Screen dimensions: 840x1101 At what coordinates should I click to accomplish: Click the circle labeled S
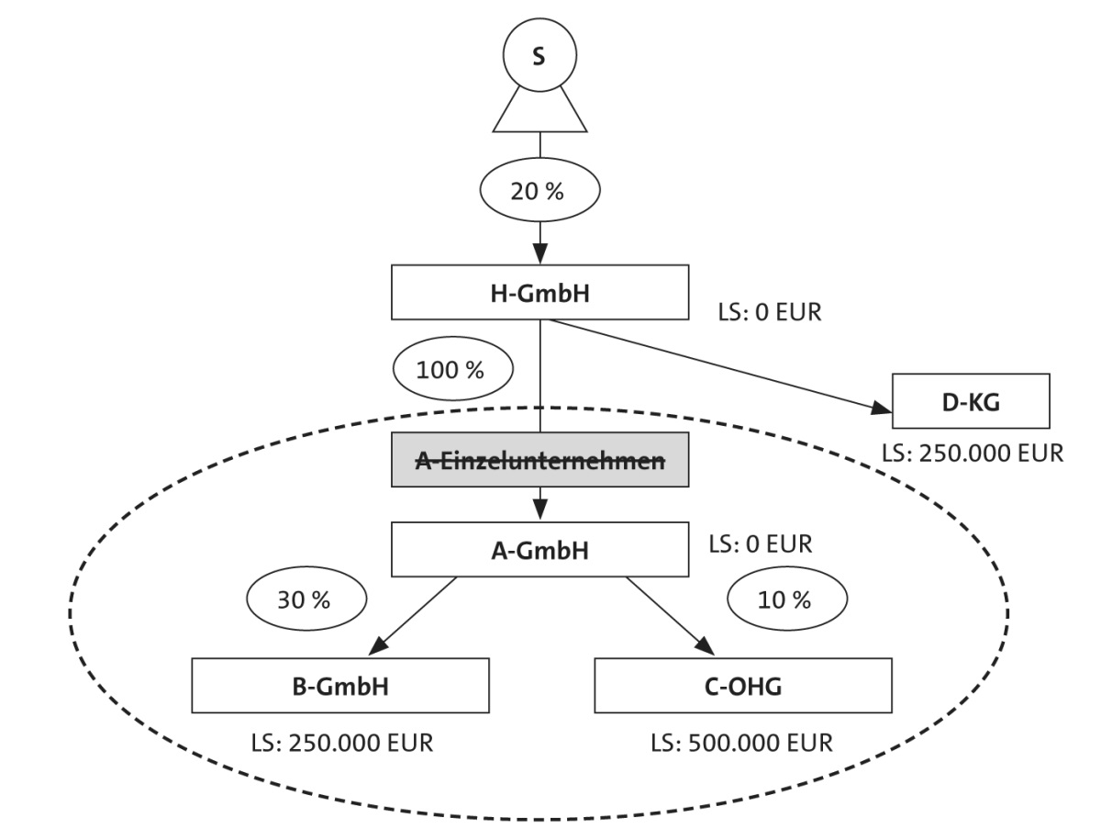click(x=539, y=56)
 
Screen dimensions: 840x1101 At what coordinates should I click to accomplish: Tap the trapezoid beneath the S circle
click(x=539, y=111)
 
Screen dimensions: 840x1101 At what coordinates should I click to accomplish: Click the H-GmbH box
click(x=539, y=294)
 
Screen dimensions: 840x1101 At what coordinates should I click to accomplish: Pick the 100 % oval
click(x=450, y=371)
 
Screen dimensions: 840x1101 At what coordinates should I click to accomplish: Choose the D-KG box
click(x=971, y=401)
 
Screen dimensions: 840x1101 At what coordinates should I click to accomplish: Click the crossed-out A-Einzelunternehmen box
click(x=539, y=462)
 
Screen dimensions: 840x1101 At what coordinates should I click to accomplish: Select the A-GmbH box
click(x=539, y=551)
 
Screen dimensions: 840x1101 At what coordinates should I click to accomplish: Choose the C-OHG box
click(x=743, y=686)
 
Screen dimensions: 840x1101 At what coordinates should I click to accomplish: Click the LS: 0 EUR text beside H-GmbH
click(x=769, y=312)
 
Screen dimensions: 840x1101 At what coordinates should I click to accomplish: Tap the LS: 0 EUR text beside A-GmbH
click(x=761, y=543)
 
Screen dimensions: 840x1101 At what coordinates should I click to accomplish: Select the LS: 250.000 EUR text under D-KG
click(x=971, y=454)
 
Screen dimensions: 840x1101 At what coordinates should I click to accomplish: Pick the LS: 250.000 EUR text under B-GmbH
click(x=339, y=741)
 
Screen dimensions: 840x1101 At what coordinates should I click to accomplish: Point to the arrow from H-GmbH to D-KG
click(x=716, y=362)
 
